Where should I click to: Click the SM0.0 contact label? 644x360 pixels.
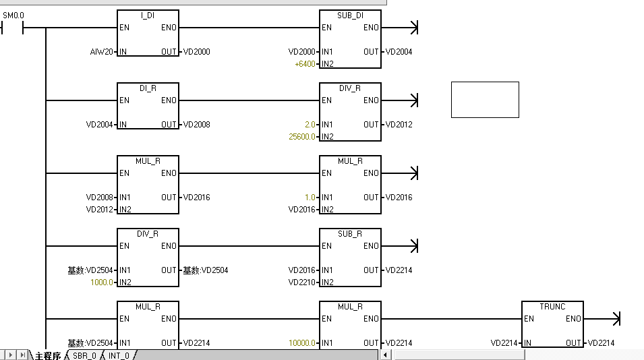(13, 15)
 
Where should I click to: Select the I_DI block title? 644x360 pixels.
(148, 16)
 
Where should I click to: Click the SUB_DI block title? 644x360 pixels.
(350, 16)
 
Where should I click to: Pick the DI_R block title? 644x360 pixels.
(148, 88)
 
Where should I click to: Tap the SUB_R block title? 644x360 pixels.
(350, 234)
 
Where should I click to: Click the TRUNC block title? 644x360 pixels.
(552, 306)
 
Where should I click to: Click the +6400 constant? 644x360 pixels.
(305, 64)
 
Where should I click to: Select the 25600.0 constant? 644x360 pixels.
(301, 137)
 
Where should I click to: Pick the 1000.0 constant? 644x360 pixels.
(103, 282)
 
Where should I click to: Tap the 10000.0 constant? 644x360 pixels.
(302, 343)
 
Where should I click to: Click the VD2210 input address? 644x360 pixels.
(301, 282)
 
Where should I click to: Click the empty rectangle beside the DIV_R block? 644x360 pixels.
(485, 100)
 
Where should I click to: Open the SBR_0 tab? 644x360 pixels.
(85, 355)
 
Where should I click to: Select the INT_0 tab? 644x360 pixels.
(119, 355)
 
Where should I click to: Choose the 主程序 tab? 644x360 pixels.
(48, 355)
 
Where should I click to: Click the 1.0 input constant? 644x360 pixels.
(310, 198)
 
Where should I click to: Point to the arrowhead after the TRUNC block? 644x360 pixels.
(614, 318)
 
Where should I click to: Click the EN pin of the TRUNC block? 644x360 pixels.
(529, 319)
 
